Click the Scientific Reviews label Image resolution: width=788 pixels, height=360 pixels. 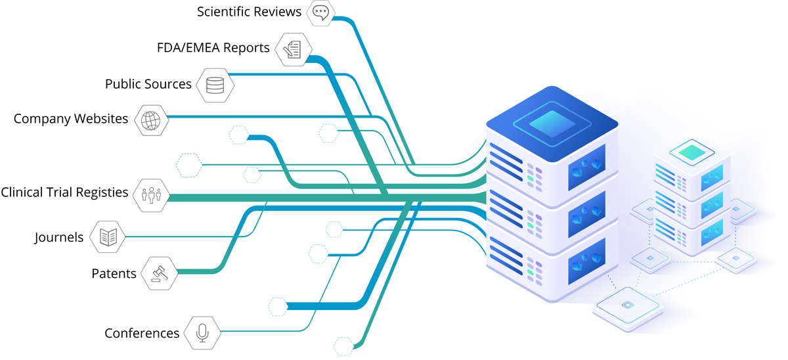[249, 12]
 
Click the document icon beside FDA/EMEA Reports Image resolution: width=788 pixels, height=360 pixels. [291, 49]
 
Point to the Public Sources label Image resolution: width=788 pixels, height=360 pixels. [148, 84]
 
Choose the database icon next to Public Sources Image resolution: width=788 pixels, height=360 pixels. [215, 85]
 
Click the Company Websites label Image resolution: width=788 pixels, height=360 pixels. [71, 119]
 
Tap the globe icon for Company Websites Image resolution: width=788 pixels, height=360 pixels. [150, 120]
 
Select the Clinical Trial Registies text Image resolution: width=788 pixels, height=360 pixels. [64, 192]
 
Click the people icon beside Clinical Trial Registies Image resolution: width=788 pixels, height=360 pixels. [150, 195]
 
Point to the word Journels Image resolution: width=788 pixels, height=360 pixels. [59, 237]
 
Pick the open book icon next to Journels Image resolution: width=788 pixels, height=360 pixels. [108, 237]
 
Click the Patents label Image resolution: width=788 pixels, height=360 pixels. [114, 273]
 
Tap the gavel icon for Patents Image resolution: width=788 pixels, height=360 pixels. [160, 273]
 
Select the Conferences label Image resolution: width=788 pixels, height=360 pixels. [142, 334]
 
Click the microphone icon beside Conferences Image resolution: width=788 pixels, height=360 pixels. [202, 333]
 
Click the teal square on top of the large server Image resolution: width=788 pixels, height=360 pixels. [552, 123]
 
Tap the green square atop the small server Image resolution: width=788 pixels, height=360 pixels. [691, 152]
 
